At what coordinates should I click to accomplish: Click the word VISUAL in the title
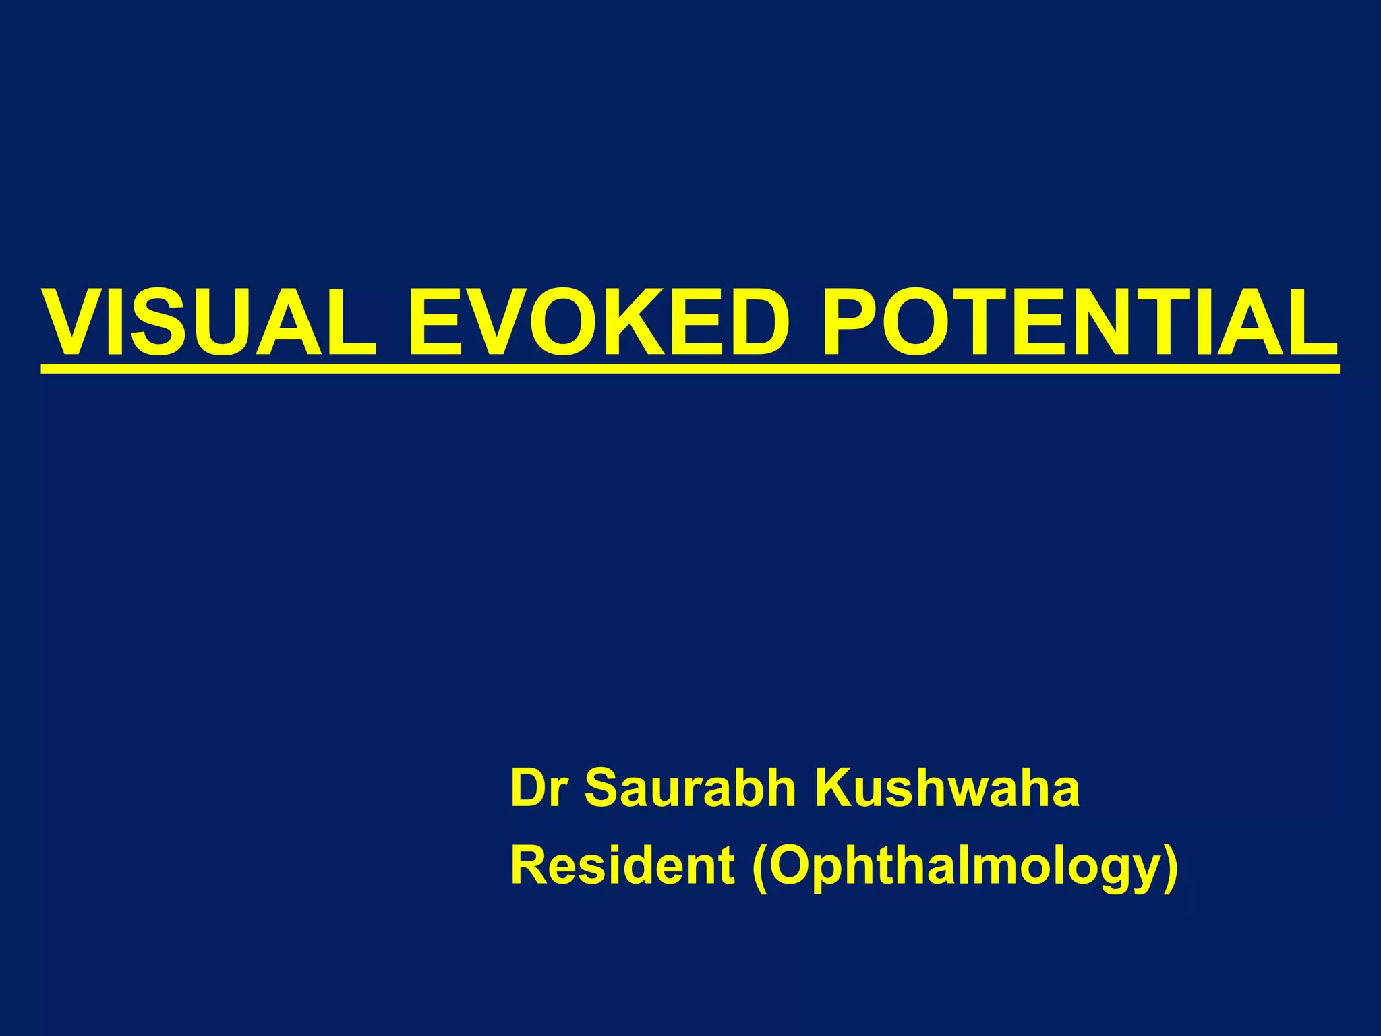[209, 322]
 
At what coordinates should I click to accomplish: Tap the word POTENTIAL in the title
[1079, 322]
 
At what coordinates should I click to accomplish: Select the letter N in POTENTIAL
[1140, 322]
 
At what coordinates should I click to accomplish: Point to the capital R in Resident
[530, 866]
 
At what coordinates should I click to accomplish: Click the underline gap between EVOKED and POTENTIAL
[804, 368]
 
